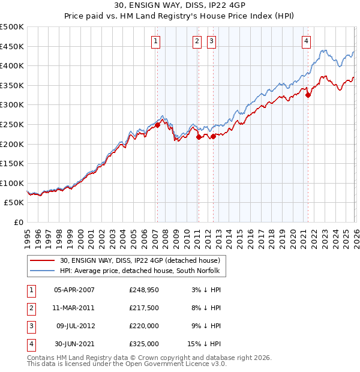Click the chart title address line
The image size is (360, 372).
tap(179, 6)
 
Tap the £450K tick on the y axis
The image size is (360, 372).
tap(12, 46)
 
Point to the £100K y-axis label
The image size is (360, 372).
tap(12, 183)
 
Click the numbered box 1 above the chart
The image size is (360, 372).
tap(155, 41)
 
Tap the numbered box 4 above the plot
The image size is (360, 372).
tap(306, 41)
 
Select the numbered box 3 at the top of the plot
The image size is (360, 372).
tap(212, 41)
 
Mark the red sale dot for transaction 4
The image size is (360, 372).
tap(308, 94)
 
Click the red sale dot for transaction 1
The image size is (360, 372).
tap(157, 125)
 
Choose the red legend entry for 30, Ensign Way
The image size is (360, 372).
tap(140, 260)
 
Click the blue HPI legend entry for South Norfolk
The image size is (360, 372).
tap(140, 271)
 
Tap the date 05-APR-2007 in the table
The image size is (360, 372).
tap(74, 290)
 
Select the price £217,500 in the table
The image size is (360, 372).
tap(143, 308)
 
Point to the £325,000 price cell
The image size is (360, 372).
tap(143, 344)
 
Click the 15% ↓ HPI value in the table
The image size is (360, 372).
tap(203, 344)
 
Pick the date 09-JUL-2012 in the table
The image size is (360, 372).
tap(74, 326)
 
